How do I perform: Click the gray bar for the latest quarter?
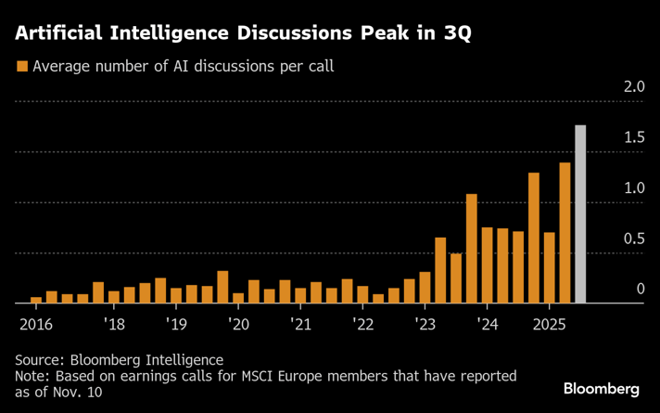(x=580, y=214)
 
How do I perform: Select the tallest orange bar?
(x=565, y=233)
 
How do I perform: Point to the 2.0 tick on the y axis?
(x=634, y=87)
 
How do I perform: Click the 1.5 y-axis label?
(x=634, y=138)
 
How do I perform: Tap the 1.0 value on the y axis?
(x=634, y=188)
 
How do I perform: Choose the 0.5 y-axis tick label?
(x=634, y=239)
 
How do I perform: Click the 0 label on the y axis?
(x=640, y=290)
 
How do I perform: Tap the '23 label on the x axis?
(x=425, y=324)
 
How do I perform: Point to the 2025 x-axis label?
(x=549, y=324)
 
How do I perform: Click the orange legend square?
(x=21, y=67)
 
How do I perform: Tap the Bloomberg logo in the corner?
(x=602, y=388)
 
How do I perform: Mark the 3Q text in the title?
(x=455, y=34)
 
